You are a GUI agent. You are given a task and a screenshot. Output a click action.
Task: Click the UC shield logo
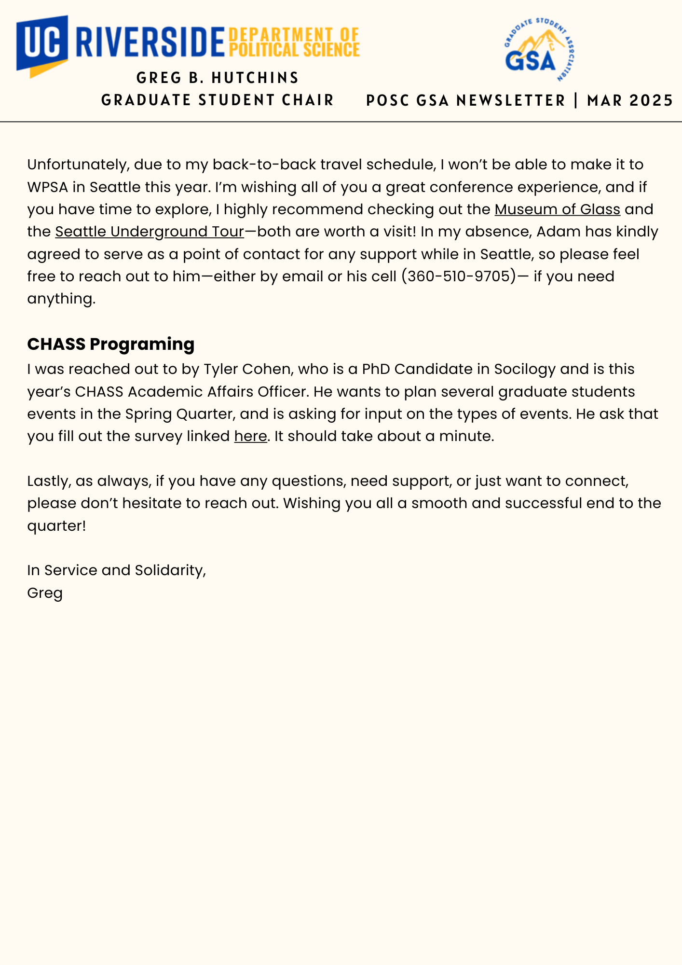pos(42,45)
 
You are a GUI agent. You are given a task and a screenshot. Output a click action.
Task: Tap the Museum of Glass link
pos(557,209)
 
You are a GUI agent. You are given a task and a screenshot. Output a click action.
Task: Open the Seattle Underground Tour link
pos(150,232)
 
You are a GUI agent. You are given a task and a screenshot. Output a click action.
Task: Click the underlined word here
pos(250,436)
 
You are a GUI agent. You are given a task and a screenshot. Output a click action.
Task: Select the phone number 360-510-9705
pos(458,276)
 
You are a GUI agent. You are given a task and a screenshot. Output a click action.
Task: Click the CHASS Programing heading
pos(111,344)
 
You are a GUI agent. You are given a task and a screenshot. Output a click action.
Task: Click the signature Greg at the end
pos(45,593)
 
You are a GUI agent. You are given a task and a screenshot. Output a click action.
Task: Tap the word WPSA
pos(47,187)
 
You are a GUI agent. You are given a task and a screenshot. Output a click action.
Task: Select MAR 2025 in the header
pos(629,100)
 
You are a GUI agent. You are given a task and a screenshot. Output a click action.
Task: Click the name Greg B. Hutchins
pos(218,78)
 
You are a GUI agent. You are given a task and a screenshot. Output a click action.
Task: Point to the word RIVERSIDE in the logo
pos(150,42)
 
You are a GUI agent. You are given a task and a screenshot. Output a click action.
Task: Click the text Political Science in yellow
pos(294,50)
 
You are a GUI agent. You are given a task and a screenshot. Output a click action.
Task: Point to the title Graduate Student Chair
pos(218,100)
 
